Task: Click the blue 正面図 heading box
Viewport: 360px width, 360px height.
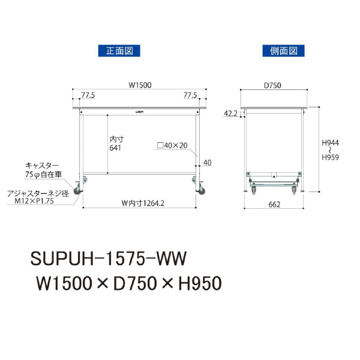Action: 119,51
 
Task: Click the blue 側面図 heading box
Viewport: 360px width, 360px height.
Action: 284,51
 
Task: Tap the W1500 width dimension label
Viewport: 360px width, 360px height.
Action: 140,85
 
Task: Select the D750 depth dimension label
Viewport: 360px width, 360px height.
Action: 272,85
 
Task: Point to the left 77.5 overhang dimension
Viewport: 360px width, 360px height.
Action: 88,95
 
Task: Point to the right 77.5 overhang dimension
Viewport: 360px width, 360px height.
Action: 190,95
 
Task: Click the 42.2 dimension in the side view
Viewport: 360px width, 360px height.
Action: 230,113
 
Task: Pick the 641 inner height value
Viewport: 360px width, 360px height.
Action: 115,148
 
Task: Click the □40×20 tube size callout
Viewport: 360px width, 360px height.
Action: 172,145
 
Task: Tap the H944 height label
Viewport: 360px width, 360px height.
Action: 330,143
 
